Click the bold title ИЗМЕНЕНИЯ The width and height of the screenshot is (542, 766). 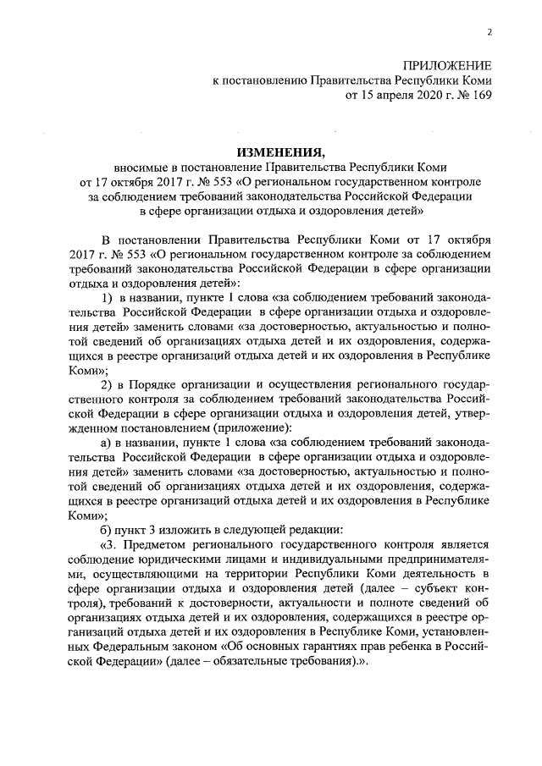point(280,152)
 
